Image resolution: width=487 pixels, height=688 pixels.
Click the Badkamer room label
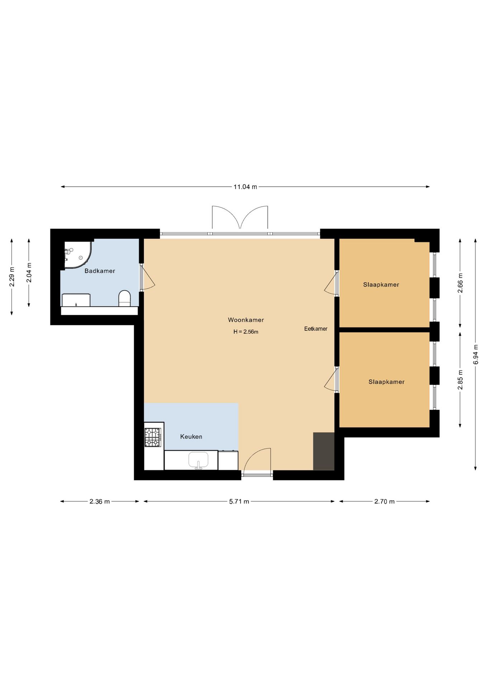[100, 271]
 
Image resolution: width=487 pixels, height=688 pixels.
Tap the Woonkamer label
[246, 320]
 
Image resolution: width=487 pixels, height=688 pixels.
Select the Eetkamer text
[316, 329]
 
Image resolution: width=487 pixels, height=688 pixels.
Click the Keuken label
[191, 436]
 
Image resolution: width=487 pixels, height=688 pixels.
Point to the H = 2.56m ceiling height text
[246, 332]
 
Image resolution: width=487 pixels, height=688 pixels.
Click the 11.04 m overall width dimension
[245, 187]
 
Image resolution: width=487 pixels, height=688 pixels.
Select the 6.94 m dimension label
[476, 355]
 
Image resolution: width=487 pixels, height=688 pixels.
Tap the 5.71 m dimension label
[239, 502]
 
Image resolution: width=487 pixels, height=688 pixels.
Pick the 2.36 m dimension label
[100, 502]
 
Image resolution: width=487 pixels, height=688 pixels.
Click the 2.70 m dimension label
[384, 502]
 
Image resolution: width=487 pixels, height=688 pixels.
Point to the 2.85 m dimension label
[460, 380]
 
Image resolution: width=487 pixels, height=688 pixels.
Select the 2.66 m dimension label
[460, 283]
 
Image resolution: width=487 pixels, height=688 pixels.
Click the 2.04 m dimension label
[29, 273]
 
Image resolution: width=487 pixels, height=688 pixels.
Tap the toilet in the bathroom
[124, 298]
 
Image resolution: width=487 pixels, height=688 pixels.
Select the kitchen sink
[198, 460]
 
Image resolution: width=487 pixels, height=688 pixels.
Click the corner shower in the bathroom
[78, 255]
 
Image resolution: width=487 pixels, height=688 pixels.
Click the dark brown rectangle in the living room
[324, 451]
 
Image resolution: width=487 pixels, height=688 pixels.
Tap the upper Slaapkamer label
[381, 285]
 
